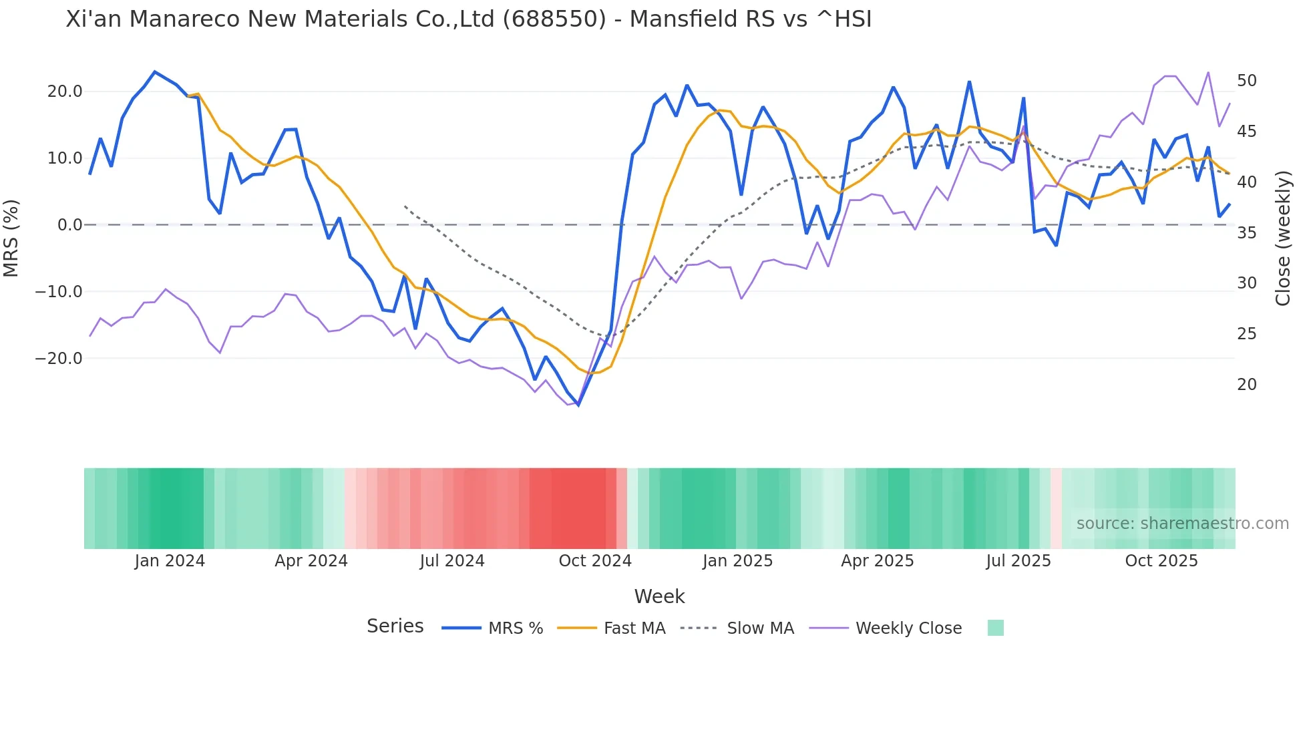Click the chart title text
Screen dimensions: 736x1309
coord(469,19)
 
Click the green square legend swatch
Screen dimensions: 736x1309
coord(995,628)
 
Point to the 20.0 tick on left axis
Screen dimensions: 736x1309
coord(65,91)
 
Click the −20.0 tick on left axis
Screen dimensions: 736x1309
coord(59,359)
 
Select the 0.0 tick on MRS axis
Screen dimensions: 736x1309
coord(69,225)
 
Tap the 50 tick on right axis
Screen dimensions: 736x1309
coord(1246,81)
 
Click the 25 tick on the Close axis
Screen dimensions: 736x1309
coord(1246,334)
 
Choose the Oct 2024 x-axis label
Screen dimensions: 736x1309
coord(594,561)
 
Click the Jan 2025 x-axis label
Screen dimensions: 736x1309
coord(737,561)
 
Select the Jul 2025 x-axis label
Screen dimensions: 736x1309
coord(1018,561)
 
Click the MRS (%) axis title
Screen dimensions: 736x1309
coord(11,238)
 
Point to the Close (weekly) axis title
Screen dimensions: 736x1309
coord(1282,238)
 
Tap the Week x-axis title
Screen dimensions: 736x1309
coord(659,596)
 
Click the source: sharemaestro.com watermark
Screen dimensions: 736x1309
coord(1182,524)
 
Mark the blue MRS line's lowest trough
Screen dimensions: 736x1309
coord(578,405)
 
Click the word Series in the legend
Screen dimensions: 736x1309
coord(395,626)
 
